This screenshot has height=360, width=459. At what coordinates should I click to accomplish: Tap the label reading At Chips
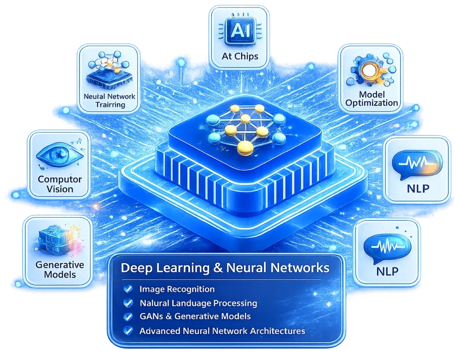[240, 56]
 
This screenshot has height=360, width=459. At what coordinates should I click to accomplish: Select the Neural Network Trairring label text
[109, 101]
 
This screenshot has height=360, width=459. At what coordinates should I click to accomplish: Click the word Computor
[60, 179]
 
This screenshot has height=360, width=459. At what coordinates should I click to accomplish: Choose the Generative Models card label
[60, 270]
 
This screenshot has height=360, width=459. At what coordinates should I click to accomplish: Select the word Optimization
[372, 103]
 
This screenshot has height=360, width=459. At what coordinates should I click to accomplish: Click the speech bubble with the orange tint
[417, 164]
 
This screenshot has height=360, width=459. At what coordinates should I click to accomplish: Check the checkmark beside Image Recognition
[128, 289]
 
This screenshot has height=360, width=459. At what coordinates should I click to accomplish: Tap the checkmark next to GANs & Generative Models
[128, 317]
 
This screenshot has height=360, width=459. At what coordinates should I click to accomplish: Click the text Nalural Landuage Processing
[198, 303]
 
